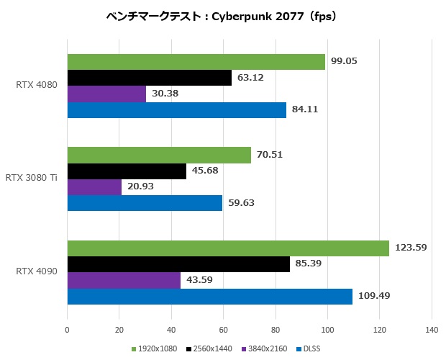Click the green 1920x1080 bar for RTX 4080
pyautogui.click(x=196, y=63)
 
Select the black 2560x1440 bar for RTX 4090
pyautogui.click(x=178, y=264)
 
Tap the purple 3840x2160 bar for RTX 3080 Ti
pyautogui.click(x=94, y=187)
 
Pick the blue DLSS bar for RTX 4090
pyautogui.click(x=209, y=296)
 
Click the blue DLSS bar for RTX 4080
pyautogui.click(x=176, y=109)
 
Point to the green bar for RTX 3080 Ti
pyautogui.click(x=159, y=155)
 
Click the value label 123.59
pyautogui.click(x=411, y=248)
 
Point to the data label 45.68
pyautogui.click(x=206, y=171)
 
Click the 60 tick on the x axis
pyautogui.click(x=223, y=331)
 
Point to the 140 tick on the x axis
pyautogui.click(x=431, y=331)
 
